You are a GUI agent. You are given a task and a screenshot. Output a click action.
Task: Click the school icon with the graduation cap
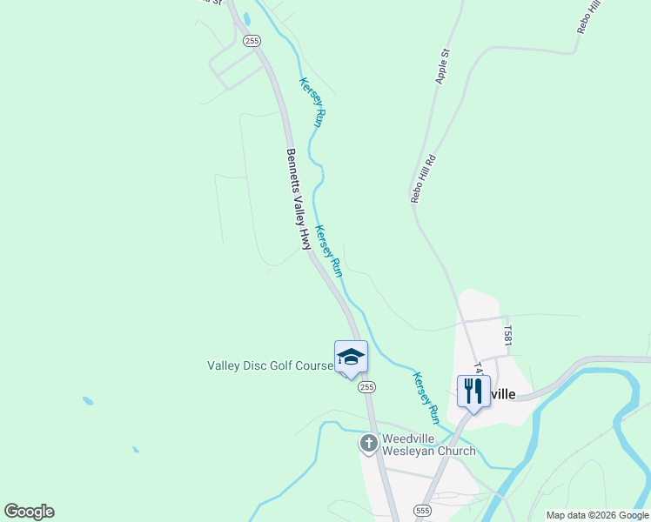click(x=351, y=358)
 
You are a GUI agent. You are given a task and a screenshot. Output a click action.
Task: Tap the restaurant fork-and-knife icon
click(x=473, y=390)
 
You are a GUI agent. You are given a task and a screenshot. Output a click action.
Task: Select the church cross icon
click(x=368, y=444)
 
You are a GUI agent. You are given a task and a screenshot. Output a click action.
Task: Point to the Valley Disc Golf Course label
click(x=270, y=366)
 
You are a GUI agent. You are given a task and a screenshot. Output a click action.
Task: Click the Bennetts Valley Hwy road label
click(x=299, y=199)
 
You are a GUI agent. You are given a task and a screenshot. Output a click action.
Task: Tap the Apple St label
click(x=442, y=66)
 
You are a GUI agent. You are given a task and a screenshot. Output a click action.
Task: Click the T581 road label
click(x=507, y=335)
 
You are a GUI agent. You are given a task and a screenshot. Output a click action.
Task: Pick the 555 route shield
click(x=423, y=511)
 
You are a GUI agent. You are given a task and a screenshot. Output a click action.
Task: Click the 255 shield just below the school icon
click(x=366, y=387)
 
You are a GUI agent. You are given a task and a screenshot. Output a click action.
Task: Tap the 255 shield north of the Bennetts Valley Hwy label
click(x=252, y=41)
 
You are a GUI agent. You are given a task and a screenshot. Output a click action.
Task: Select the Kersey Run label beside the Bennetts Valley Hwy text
click(x=328, y=246)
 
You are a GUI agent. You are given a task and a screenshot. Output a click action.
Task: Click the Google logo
click(x=30, y=512)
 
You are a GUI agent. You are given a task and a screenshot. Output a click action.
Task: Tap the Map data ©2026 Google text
click(x=597, y=515)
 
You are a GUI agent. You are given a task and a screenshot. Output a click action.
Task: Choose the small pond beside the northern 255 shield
click(x=247, y=18)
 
